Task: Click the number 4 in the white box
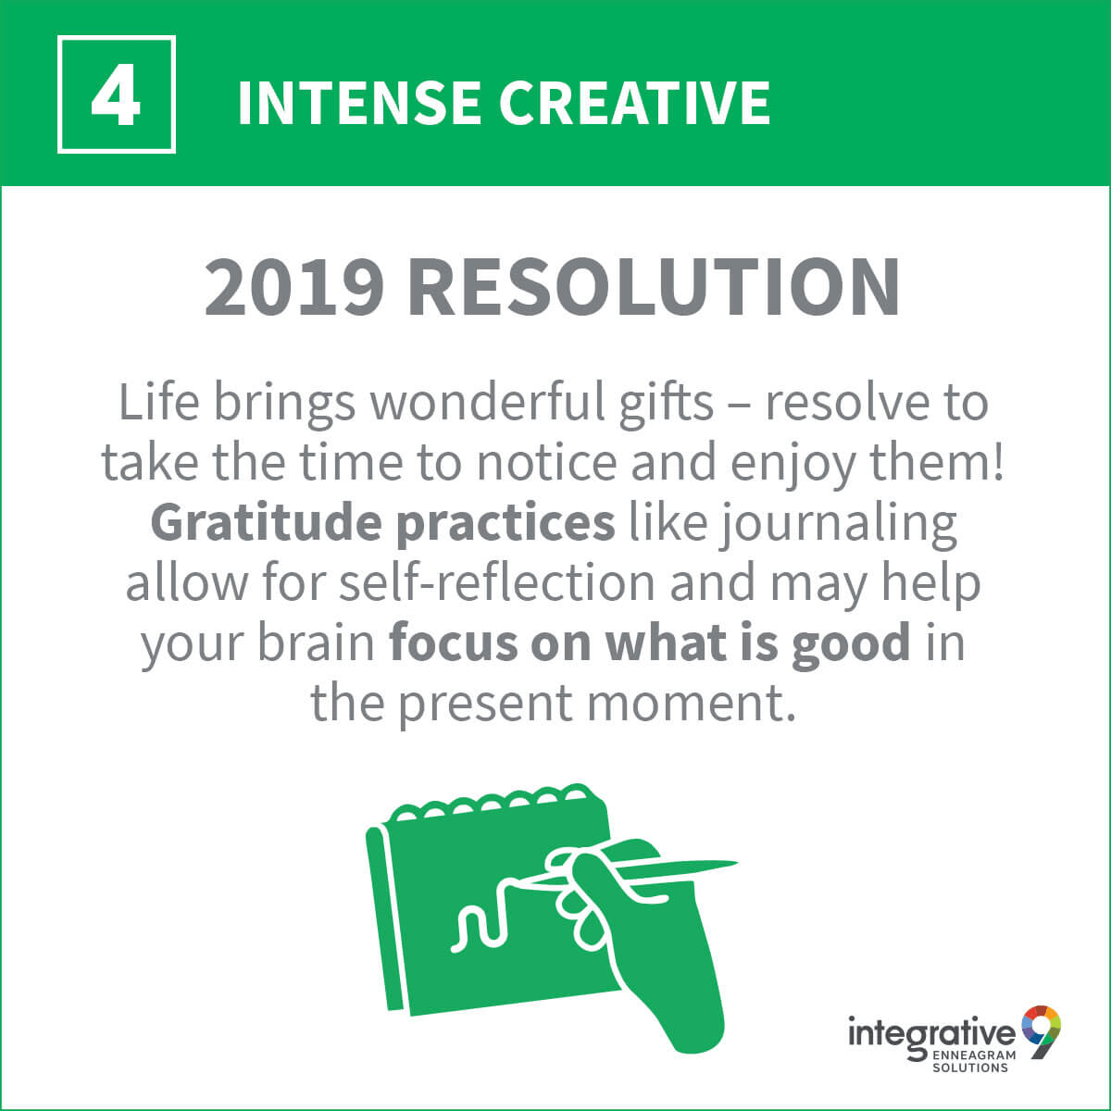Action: click(x=116, y=95)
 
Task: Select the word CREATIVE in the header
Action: click(x=634, y=103)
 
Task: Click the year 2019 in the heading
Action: click(x=294, y=286)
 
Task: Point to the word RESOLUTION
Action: click(x=654, y=286)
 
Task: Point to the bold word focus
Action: click(x=453, y=643)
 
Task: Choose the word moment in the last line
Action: click(x=686, y=704)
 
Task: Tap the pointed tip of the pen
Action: click(x=736, y=863)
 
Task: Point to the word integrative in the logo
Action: click(x=931, y=1032)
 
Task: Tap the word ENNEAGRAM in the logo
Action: click(x=973, y=1055)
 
